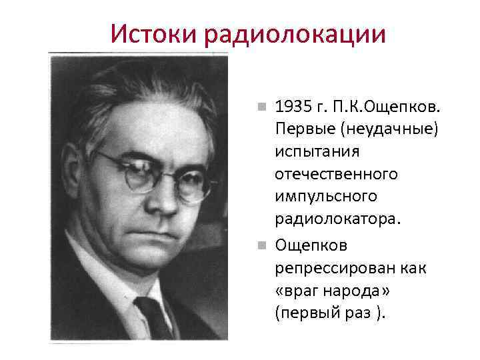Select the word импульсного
pos(325,197)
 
